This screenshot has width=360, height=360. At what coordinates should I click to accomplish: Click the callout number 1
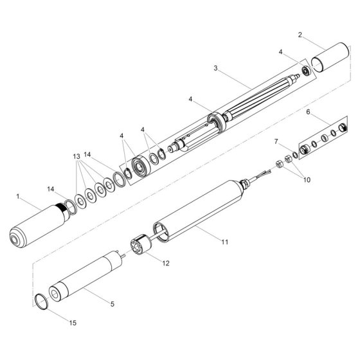18,197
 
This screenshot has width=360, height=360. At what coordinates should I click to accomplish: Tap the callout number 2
300,35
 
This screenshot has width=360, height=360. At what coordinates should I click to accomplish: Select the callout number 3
215,68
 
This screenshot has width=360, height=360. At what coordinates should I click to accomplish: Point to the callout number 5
113,304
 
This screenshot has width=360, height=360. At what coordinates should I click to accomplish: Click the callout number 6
308,112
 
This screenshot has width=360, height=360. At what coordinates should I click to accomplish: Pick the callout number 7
276,141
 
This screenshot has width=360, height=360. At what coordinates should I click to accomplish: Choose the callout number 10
307,179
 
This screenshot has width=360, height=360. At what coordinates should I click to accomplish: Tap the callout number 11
225,242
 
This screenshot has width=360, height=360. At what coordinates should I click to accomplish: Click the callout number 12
166,263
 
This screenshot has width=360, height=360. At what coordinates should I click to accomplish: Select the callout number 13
76,157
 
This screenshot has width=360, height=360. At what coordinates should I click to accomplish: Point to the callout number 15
73,323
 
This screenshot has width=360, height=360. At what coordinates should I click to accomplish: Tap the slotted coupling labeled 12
141,245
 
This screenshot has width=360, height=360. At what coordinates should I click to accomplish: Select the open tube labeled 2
330,57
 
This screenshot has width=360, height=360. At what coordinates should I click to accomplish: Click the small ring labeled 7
296,155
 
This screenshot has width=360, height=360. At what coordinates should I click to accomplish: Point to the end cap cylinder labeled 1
39,225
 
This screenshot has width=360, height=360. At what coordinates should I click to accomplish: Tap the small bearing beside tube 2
307,71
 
